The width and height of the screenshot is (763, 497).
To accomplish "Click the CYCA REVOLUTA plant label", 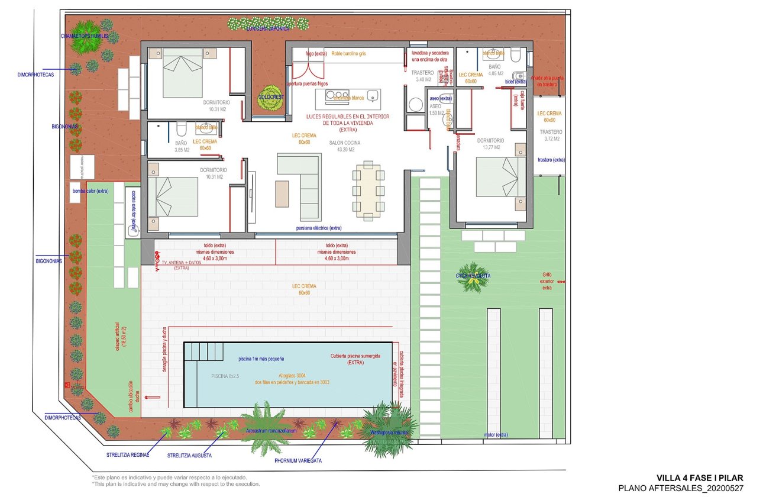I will (473, 276).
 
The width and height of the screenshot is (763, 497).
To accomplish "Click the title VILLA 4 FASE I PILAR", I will (700, 478).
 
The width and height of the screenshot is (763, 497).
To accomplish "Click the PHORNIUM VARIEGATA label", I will (298, 460).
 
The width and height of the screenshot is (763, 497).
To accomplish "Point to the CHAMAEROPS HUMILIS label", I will (84, 36).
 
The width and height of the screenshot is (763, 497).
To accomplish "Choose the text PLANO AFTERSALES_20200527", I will (680, 488).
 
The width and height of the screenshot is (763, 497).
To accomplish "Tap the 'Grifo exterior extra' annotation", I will (547, 281).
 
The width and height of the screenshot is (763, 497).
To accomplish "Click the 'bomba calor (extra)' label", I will (90, 191).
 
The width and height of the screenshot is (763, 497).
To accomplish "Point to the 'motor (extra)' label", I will (496, 435).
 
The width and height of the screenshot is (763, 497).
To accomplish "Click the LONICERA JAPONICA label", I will (268, 28).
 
